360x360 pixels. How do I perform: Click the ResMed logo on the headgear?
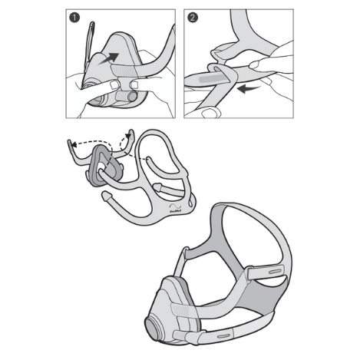click(x=175, y=206)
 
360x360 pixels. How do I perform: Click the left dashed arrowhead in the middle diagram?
click(x=70, y=143)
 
